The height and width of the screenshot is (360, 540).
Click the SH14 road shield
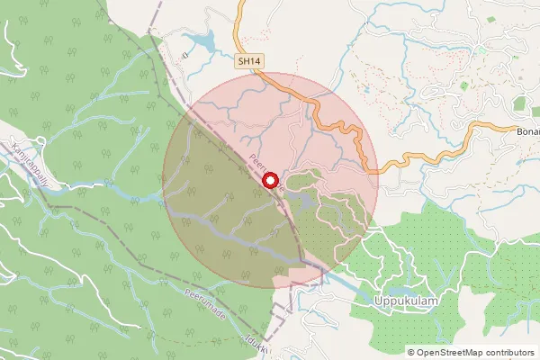pyautogui.click(x=250, y=61)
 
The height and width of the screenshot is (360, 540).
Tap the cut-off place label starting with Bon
pyautogui.click(x=527, y=131)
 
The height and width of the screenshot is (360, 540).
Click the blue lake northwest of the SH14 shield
pyautogui.click(x=203, y=41)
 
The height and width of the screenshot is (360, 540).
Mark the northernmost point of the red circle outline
pyautogui.click(x=270, y=72)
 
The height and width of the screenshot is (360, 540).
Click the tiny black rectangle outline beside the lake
pyautogui.click(x=184, y=54)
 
